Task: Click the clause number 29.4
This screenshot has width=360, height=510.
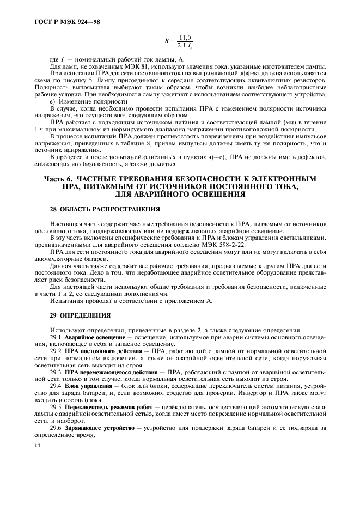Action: (56, 385)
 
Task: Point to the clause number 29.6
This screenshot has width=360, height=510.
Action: (56, 429)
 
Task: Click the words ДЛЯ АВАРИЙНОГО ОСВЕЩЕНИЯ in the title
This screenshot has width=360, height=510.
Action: (180, 194)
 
